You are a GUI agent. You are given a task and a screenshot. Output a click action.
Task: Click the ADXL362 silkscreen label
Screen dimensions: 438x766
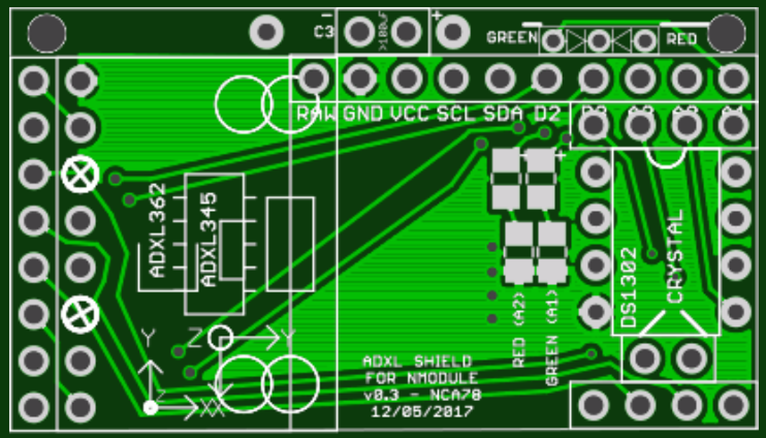coord(158,230)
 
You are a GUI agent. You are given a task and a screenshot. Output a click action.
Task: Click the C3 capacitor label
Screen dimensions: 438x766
coord(324,32)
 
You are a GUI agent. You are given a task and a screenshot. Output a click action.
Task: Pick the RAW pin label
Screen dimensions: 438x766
coord(316,115)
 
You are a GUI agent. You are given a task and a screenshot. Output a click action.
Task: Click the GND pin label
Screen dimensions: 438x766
coord(363,115)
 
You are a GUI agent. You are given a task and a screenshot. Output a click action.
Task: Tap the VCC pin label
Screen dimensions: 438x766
coord(410,115)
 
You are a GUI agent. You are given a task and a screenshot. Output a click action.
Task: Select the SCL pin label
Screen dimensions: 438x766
coord(456,115)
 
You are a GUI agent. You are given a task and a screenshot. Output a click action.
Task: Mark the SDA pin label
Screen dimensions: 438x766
coord(503,115)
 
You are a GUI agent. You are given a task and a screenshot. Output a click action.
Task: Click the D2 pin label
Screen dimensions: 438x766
coord(547,115)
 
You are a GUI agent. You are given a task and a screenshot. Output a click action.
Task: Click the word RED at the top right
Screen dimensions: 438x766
coord(682,39)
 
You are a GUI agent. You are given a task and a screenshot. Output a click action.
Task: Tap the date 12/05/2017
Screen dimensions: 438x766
coord(422,412)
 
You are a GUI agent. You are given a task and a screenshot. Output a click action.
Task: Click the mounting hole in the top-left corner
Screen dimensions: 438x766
coord(47,32)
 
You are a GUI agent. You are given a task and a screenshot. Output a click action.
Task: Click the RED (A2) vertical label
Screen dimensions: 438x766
coord(519,329)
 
